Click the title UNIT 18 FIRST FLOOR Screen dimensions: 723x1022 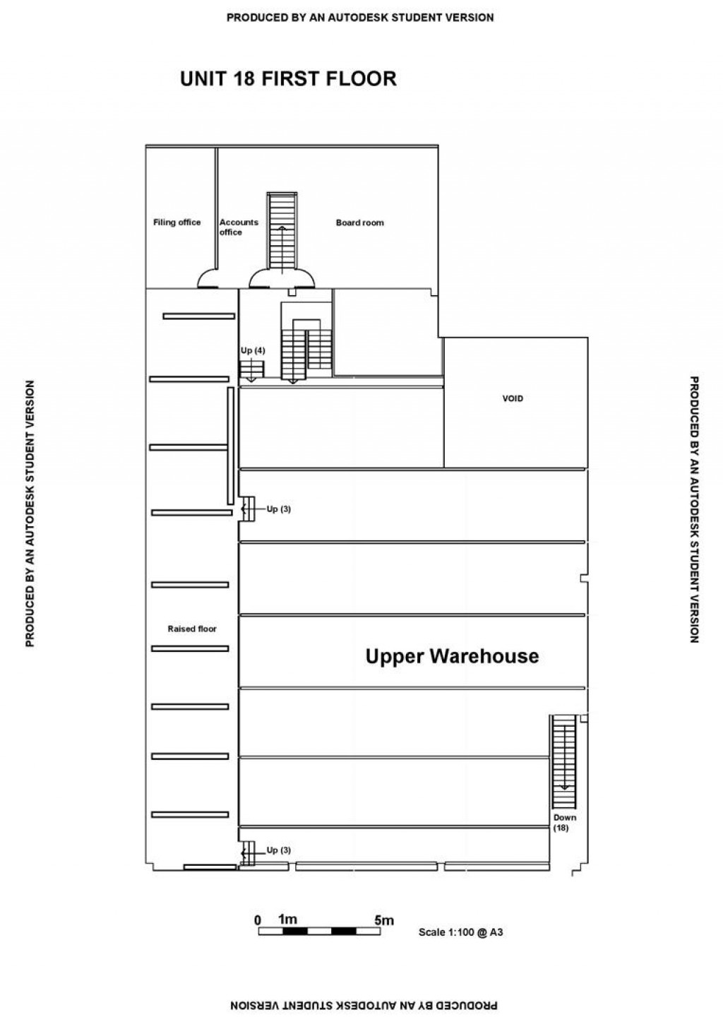[288, 78]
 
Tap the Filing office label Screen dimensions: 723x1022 [177, 222]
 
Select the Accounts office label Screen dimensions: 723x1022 [238, 227]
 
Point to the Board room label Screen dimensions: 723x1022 [359, 222]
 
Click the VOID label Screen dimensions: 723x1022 [513, 398]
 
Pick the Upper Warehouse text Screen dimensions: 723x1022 [452, 656]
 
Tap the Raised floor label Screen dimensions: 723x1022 [192, 629]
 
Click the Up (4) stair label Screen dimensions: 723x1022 [251, 351]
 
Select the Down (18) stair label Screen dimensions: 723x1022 [565, 822]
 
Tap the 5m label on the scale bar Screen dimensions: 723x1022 [384, 920]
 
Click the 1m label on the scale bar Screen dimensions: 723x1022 [287, 920]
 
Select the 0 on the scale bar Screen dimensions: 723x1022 [258, 920]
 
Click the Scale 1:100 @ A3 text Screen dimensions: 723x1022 [460, 932]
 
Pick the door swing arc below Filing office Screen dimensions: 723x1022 [209, 280]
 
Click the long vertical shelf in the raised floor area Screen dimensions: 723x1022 [230, 444]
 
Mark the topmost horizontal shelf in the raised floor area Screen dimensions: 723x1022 [198, 316]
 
